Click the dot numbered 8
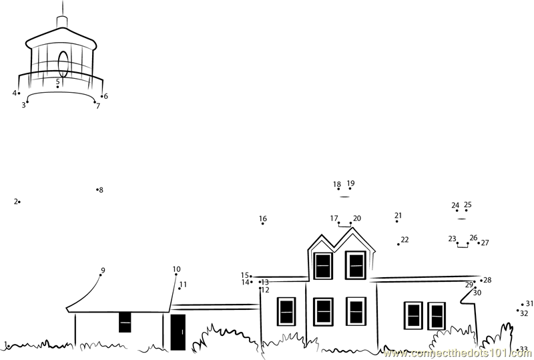point(97,190)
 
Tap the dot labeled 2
point(19,202)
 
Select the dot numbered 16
point(263,224)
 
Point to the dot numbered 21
point(397,221)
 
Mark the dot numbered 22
point(399,244)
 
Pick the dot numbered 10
point(176,275)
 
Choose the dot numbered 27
point(479,242)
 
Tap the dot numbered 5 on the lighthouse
point(57,87)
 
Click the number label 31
point(529,303)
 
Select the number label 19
point(350,183)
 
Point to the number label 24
point(455,206)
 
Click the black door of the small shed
point(178,332)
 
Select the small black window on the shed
point(125,322)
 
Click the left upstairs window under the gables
point(323,266)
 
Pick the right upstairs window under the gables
point(356,265)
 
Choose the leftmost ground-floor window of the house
point(286,311)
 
